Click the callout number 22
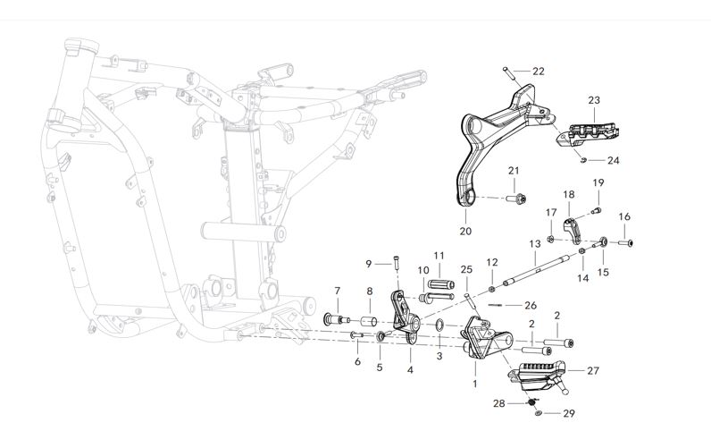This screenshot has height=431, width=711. tap(538, 71)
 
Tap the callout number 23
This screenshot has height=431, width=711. tap(593, 100)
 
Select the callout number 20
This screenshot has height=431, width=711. tap(464, 231)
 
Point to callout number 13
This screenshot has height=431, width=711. tap(534, 243)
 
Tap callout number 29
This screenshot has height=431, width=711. tap(569, 413)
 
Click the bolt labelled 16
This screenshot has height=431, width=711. tap(627, 241)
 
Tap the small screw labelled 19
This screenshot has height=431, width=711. tap(598, 210)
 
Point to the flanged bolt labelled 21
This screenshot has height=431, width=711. tap(518, 199)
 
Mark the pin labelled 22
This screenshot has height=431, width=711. tap(510, 74)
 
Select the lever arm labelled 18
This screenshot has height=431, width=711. tap(573, 229)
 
